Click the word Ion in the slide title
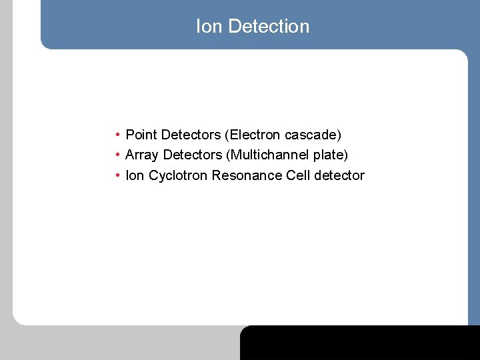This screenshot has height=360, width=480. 209,27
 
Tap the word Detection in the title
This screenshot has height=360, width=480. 269,27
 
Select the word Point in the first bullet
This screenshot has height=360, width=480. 141,135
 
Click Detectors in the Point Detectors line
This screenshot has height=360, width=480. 191,135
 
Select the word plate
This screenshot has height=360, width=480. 330,155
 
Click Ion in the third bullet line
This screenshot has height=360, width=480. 135,175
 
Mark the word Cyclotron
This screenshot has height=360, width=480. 178,175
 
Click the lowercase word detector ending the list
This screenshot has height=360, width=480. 339,175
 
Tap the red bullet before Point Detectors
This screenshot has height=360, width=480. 117,135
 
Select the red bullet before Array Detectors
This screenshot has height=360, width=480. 117,155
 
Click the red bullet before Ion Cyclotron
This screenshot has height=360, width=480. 117,175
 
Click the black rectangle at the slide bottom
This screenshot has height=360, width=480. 360,343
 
